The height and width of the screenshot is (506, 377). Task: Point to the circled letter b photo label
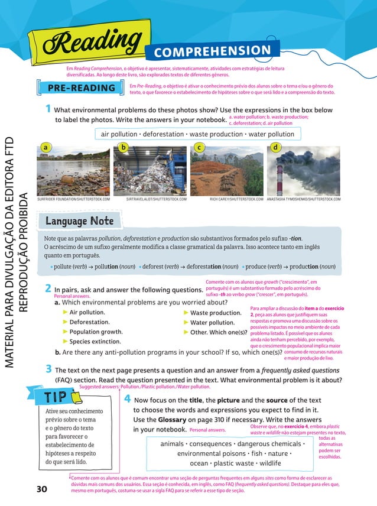point(122,147)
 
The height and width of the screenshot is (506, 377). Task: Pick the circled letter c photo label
point(200,147)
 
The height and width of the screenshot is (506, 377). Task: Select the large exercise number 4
point(128,400)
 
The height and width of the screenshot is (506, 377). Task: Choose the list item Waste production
point(216,313)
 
